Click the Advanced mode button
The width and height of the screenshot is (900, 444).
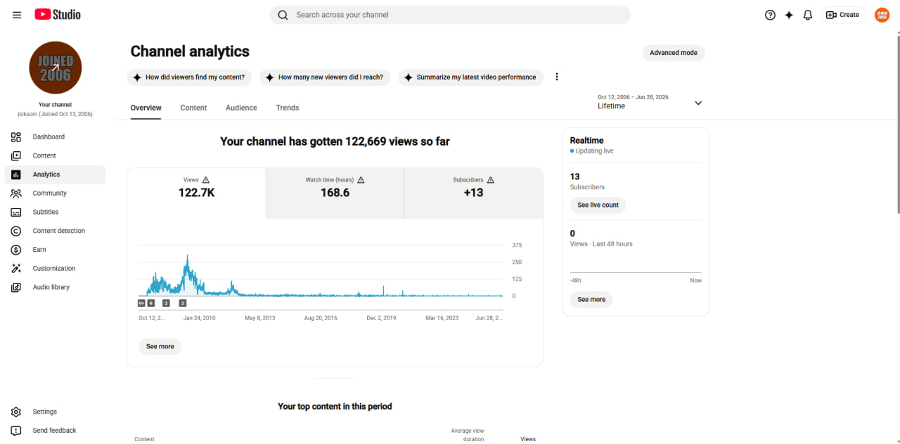(x=674, y=53)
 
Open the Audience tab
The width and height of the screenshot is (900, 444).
(x=241, y=108)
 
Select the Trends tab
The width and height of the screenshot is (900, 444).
(x=288, y=108)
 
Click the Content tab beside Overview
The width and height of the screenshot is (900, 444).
(x=193, y=108)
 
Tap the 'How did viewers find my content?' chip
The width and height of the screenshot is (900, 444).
(x=189, y=77)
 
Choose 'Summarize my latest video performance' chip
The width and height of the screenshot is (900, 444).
(x=470, y=77)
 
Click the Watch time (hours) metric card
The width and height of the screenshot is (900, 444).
(x=335, y=194)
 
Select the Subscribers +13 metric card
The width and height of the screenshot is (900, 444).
(x=474, y=194)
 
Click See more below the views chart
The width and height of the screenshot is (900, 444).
(x=160, y=346)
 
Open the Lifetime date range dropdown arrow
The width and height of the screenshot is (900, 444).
(x=698, y=103)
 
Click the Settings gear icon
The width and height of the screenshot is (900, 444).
(x=16, y=412)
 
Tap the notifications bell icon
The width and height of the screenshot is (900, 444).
(x=808, y=15)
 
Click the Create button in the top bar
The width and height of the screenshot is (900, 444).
(x=842, y=15)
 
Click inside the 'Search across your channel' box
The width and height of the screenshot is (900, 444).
(x=450, y=15)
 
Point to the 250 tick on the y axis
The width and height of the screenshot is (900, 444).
(x=517, y=262)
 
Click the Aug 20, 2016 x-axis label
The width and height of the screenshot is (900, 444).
(x=321, y=318)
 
